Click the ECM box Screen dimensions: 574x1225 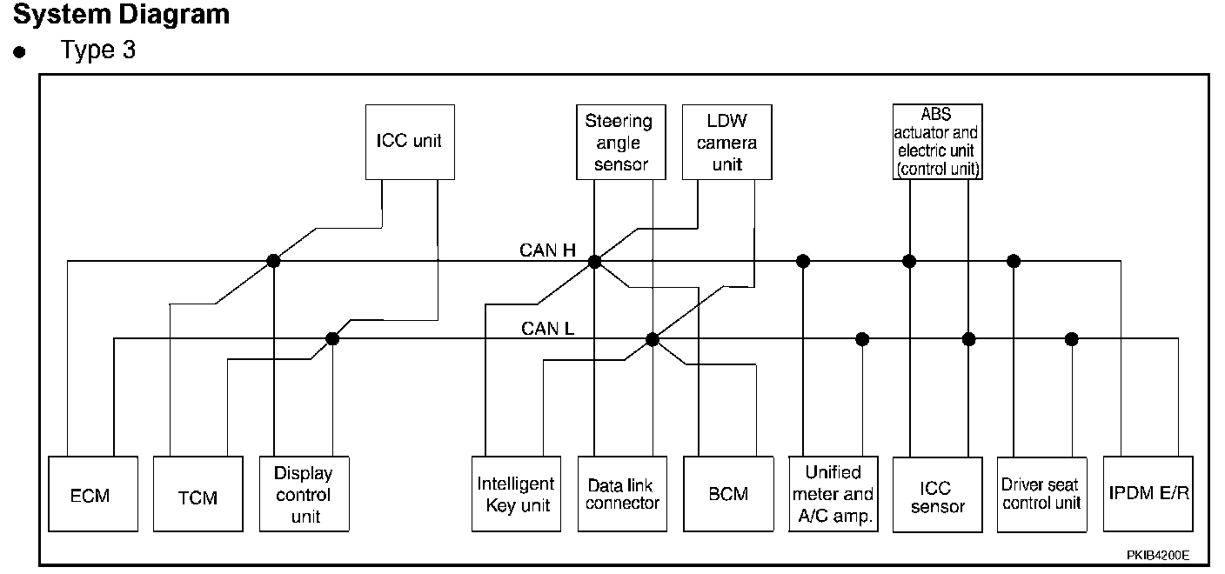point(90,494)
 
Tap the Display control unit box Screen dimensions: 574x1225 point(304,494)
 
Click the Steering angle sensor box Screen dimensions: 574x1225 point(619,143)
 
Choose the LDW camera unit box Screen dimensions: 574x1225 point(726,143)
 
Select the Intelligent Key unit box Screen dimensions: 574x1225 point(515,494)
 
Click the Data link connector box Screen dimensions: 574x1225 point(622,494)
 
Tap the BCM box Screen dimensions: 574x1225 point(728,494)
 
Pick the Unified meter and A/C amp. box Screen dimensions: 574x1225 point(833,494)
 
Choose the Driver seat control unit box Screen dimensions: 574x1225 point(1041,494)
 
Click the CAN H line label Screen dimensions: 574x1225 point(548,250)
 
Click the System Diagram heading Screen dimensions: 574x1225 point(122,15)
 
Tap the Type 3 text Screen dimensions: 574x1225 point(98,50)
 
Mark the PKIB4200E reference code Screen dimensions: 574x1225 point(1157,554)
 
